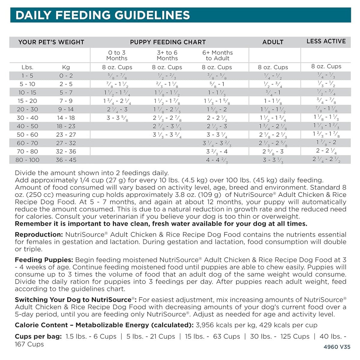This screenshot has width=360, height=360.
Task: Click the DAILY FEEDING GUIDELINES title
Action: [103, 15]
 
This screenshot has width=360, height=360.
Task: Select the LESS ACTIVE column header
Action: [326, 41]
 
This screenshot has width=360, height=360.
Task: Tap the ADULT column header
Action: [273, 42]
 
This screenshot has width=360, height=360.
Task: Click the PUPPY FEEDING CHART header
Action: [168, 42]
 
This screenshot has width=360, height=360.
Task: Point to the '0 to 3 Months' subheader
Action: [117, 55]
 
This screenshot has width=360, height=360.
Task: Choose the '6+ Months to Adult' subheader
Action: [217, 55]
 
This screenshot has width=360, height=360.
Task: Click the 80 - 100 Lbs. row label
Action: [27, 160]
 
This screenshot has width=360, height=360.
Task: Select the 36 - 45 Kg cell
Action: [66, 160]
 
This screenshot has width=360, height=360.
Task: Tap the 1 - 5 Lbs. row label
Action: [27, 76]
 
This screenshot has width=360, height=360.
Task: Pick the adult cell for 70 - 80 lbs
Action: [273, 152]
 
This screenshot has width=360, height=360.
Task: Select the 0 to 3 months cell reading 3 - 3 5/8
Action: [117, 118]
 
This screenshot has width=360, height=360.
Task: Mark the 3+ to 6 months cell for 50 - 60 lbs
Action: [167, 135]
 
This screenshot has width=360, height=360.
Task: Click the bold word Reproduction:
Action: [39, 235]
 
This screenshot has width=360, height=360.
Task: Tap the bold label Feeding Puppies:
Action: [44, 260]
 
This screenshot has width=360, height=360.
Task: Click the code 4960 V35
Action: [337, 347]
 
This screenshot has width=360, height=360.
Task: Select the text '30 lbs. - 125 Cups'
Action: [280, 337]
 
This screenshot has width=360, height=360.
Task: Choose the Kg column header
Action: [66, 67]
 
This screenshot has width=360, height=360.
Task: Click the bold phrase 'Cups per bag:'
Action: [38, 337]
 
